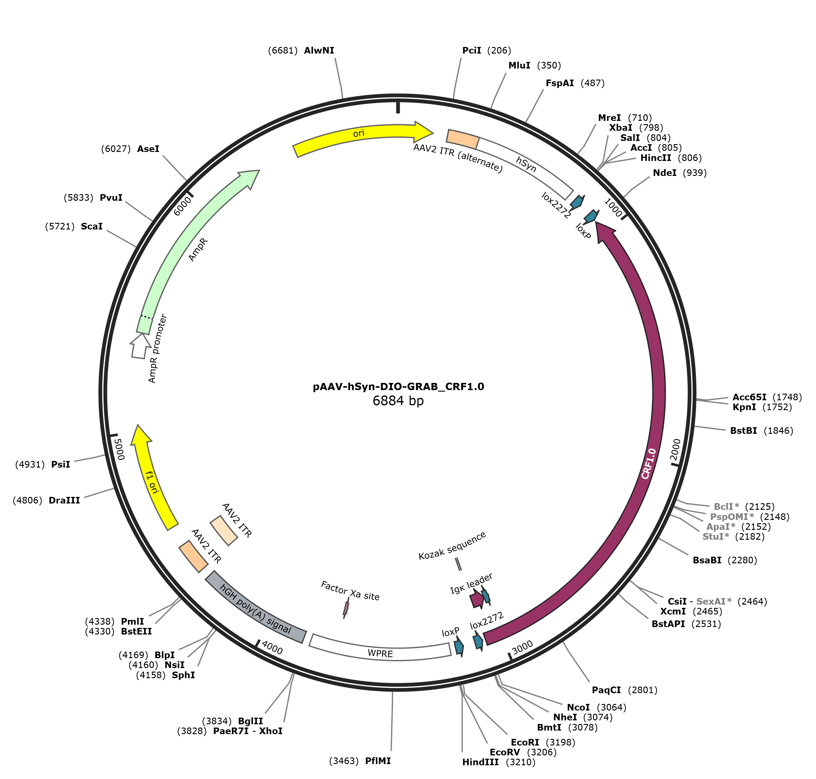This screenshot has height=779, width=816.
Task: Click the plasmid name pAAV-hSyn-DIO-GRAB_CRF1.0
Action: click(x=399, y=387)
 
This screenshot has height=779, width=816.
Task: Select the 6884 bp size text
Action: click(x=398, y=401)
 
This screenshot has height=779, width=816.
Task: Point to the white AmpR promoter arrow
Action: click(x=140, y=346)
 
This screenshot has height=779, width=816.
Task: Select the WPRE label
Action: click(x=380, y=654)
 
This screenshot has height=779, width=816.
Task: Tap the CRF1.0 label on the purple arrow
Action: click(x=649, y=463)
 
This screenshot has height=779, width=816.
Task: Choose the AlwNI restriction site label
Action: click(x=319, y=51)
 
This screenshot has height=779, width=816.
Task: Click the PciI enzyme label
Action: click(x=472, y=51)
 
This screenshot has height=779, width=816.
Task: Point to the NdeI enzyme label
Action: click(x=664, y=173)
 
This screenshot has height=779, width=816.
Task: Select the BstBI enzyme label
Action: click(x=743, y=430)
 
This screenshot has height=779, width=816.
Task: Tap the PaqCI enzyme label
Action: click(x=606, y=690)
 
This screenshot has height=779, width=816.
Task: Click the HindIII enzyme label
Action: click(x=480, y=762)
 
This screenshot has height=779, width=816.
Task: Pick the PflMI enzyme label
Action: click(x=378, y=761)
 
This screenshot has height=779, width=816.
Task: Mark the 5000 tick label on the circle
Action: click(x=119, y=450)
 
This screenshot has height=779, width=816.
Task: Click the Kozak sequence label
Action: click(x=452, y=546)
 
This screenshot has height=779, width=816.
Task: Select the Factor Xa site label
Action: click(x=350, y=591)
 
